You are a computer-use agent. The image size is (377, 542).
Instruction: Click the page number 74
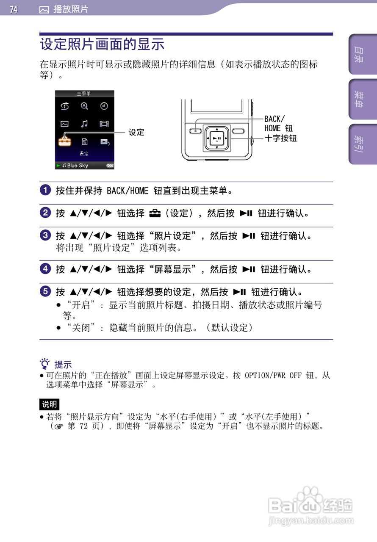(x=14, y=9)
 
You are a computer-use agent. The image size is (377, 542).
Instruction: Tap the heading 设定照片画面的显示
(x=102, y=44)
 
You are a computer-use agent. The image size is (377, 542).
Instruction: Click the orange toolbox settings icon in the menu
(x=65, y=141)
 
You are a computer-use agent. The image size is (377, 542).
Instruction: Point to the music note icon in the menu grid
(x=84, y=124)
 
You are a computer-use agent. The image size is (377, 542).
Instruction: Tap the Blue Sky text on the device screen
(x=78, y=166)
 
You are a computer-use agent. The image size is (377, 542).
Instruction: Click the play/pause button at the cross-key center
(x=217, y=138)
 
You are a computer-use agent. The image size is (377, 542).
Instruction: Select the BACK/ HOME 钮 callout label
(x=278, y=123)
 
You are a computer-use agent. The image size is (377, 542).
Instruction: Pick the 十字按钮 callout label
(x=280, y=138)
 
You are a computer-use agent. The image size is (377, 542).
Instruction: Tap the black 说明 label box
(x=50, y=404)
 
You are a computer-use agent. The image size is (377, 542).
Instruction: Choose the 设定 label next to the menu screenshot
(x=136, y=133)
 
